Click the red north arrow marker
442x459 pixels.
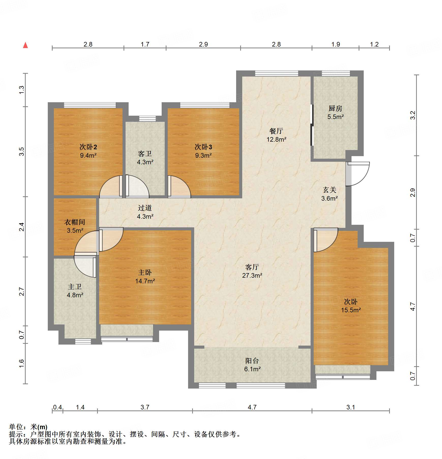point(25,45)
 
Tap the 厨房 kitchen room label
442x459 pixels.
point(336,109)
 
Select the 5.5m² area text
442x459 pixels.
point(336,117)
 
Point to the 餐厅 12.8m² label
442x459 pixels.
point(276,135)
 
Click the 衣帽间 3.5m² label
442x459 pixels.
point(75,226)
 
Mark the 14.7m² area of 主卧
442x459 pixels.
point(145,281)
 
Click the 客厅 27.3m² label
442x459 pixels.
point(252,271)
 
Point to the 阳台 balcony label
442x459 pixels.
point(252,361)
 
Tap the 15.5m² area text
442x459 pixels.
point(351,310)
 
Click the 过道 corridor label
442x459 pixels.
point(145,208)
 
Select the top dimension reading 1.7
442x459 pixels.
point(145,45)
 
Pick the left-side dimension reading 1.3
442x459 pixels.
point(22,90)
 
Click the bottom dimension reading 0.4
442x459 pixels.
point(57,407)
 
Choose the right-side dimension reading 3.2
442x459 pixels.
point(413,115)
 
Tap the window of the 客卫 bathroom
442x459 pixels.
point(147,119)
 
